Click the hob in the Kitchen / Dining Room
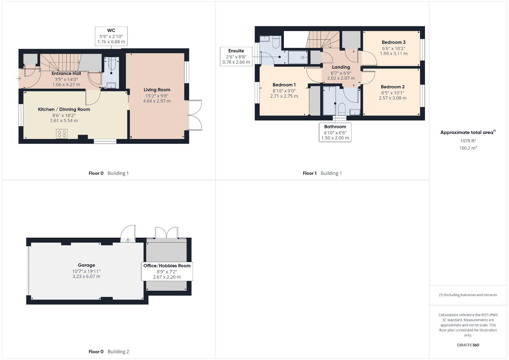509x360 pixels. [x=62, y=134]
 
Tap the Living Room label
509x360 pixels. [x=157, y=90]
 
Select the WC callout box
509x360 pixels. [x=111, y=36]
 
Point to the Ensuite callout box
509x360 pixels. [x=236, y=57]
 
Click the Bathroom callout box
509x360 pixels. [x=335, y=132]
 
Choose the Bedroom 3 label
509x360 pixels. [x=394, y=42]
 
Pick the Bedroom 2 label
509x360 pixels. [x=393, y=87]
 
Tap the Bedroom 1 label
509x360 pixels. [x=284, y=85]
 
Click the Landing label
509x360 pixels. [x=341, y=67]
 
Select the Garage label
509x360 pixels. [x=86, y=265]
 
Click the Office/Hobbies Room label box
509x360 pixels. [x=167, y=271]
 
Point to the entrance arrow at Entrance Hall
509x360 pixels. [x=19, y=79]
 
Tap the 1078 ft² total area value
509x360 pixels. [x=468, y=141]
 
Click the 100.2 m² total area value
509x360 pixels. [x=468, y=148]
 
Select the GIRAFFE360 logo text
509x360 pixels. [x=468, y=345]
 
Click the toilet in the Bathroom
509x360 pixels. [x=342, y=109]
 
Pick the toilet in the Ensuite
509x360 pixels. [x=276, y=43]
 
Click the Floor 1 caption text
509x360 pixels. [x=310, y=173]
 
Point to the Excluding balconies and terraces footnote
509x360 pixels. [x=468, y=295]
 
